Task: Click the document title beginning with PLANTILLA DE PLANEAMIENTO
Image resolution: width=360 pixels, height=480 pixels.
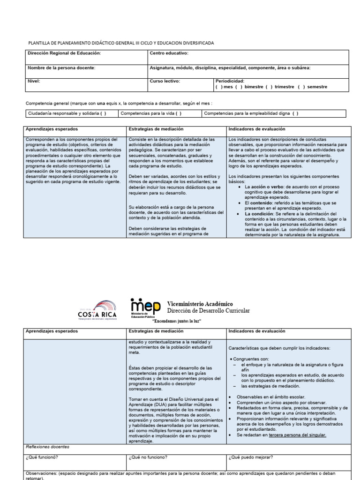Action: (121, 43)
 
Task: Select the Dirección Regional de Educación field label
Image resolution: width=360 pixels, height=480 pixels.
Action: (64, 53)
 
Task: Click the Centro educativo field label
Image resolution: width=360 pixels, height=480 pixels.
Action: (168, 53)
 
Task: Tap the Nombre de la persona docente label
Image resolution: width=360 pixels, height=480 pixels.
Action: (61, 68)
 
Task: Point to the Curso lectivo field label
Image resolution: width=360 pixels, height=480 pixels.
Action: (165, 81)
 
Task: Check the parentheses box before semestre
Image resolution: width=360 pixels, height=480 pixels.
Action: (300, 87)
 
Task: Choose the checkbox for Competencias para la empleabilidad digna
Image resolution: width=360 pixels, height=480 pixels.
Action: (295, 113)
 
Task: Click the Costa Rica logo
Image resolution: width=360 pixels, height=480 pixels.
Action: (97, 310)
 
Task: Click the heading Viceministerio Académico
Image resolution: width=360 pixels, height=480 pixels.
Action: (200, 304)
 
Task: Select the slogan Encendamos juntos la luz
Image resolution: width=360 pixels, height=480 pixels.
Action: (177, 321)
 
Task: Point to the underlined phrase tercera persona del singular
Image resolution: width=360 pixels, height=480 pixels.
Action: (297, 435)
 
